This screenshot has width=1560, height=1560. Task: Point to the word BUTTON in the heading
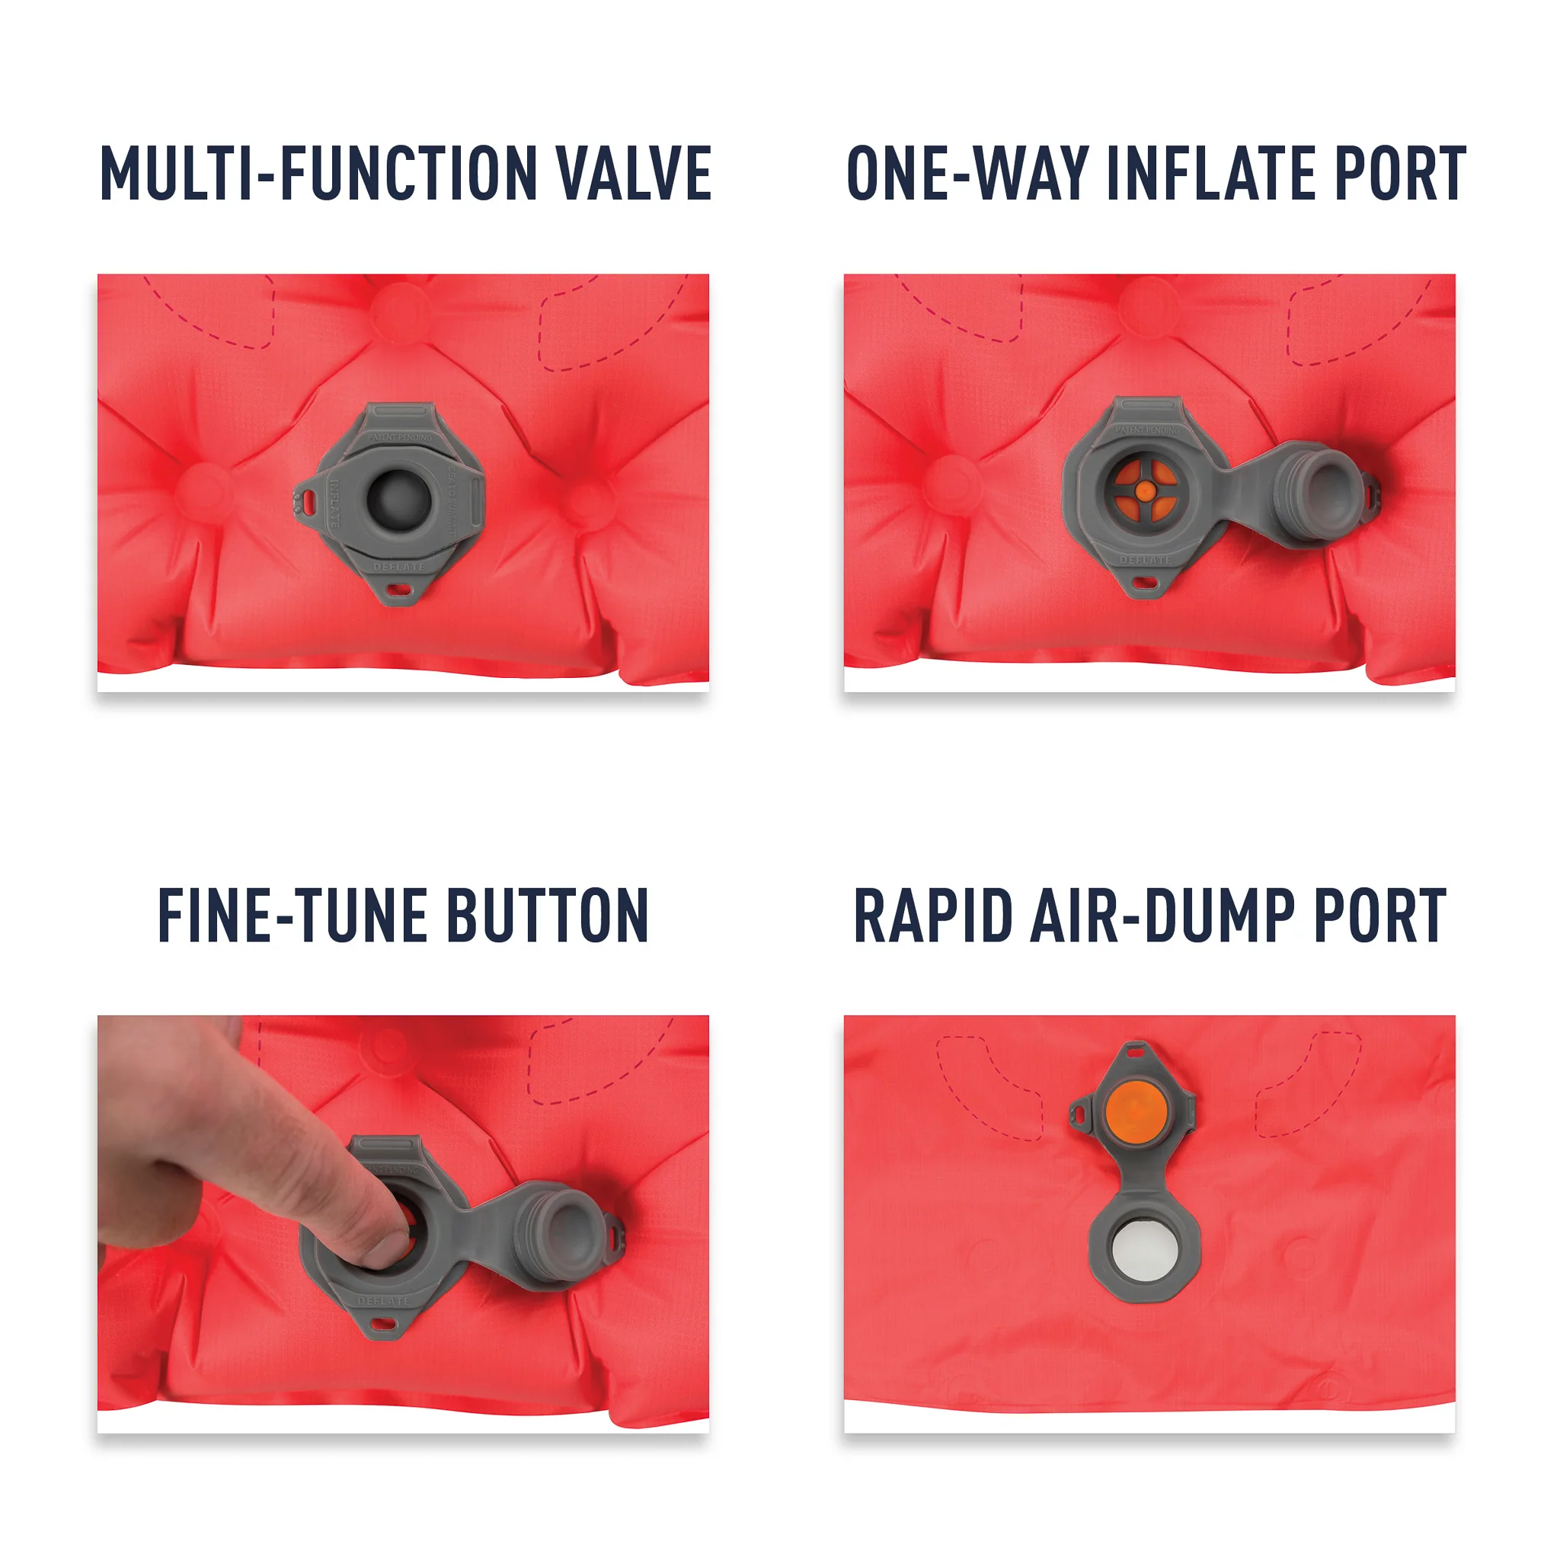(548, 916)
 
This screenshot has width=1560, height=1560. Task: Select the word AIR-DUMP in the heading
(1162, 916)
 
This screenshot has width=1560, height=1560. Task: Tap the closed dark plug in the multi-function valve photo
(398, 496)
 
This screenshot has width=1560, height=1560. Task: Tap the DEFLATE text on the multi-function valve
(398, 567)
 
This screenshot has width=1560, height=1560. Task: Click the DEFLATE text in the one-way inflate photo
(1144, 560)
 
